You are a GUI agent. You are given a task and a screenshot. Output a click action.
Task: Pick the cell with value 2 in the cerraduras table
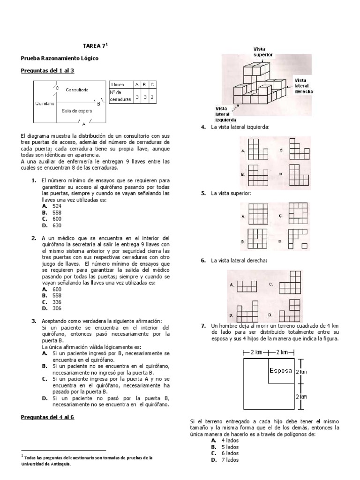[x=153, y=97]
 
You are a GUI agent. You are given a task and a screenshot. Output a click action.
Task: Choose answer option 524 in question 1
[x=57, y=206]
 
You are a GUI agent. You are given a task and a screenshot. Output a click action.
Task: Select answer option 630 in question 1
[x=57, y=225]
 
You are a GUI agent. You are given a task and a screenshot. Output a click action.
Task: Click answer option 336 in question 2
[x=57, y=302]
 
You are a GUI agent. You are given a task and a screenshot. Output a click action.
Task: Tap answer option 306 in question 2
[x=57, y=308]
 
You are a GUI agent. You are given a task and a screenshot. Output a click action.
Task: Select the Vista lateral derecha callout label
[x=303, y=86]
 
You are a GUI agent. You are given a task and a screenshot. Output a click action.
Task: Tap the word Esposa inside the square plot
[x=280, y=370]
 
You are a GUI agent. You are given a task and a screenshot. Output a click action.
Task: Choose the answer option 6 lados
[x=230, y=453]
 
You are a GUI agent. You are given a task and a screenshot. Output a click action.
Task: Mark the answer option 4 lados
[x=230, y=441]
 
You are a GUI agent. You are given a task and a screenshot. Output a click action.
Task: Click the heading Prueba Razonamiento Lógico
[x=60, y=58]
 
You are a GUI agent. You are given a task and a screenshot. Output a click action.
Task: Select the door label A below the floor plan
[x=83, y=125]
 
